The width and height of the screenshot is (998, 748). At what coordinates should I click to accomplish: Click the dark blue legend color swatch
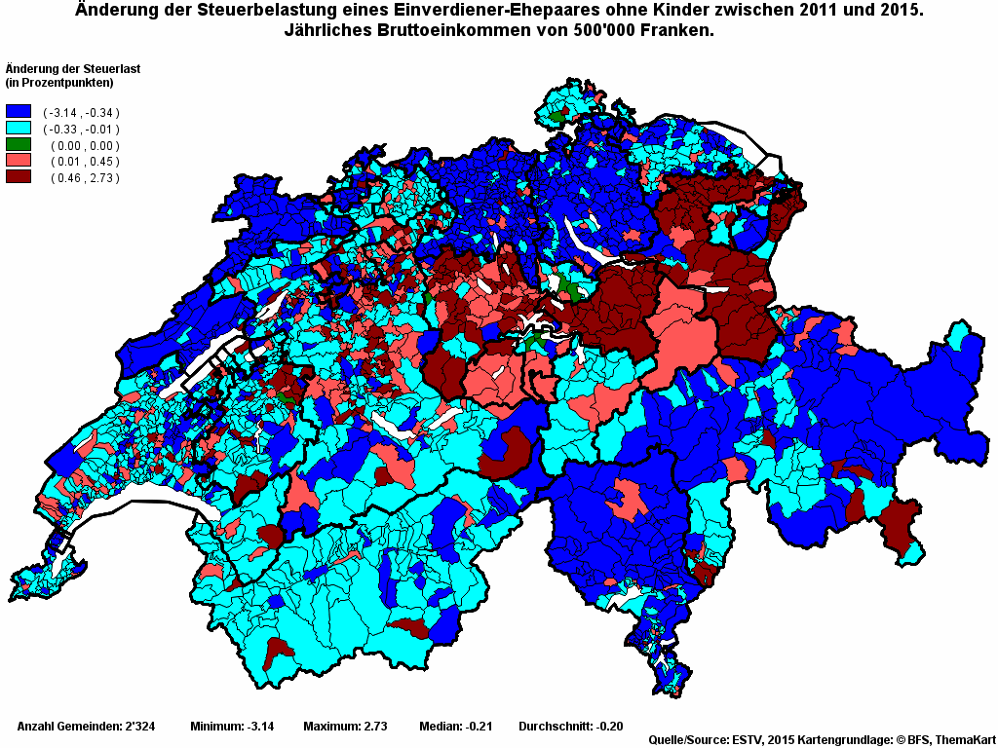coord(19,112)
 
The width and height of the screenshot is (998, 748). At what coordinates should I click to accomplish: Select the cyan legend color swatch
coord(19,129)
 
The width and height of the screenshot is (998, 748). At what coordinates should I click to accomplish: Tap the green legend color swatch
coord(19,144)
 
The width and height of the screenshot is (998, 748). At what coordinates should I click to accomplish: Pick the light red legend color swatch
coord(19,161)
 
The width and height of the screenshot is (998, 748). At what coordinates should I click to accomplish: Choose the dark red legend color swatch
coord(19,176)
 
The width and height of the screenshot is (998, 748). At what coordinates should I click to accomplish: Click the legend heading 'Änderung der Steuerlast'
coord(67,68)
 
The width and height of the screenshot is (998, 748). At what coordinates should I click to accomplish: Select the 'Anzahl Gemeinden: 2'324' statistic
coord(87,727)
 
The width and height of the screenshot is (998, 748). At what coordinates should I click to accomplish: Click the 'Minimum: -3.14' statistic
coord(232,727)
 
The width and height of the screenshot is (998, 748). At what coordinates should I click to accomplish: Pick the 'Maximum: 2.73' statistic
coord(345,727)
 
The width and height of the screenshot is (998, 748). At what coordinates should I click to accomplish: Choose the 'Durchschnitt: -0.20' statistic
coord(570,727)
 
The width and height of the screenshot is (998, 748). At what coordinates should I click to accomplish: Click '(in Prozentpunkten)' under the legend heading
coord(59,82)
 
